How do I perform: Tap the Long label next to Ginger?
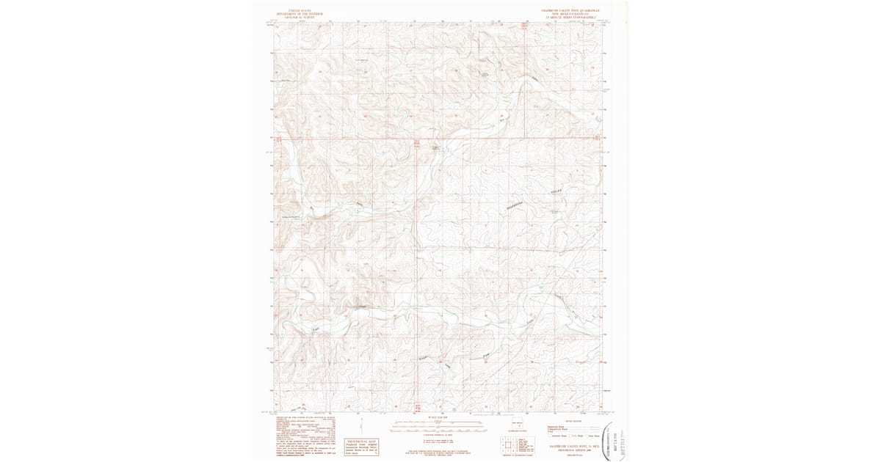[448, 361]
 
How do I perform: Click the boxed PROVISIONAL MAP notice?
[360, 447]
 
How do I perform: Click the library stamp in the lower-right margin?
[614, 441]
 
